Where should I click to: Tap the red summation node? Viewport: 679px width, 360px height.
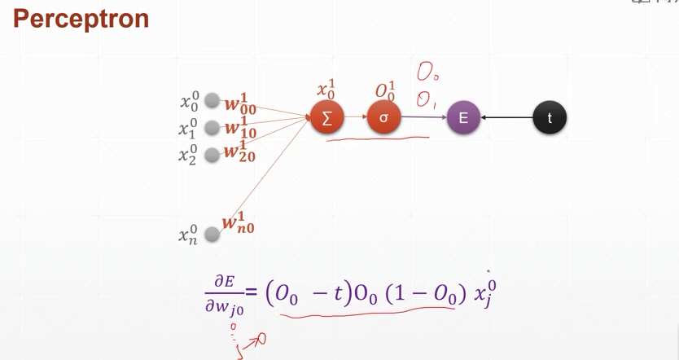(x=327, y=118)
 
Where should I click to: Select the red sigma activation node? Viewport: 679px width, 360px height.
(x=383, y=118)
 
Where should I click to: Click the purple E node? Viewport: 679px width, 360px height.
(x=463, y=118)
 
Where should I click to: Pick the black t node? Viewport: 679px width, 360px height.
(x=550, y=118)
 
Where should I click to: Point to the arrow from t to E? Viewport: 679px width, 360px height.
(x=506, y=118)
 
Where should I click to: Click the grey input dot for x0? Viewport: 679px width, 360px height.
(x=212, y=101)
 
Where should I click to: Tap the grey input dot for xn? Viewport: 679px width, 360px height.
(x=212, y=235)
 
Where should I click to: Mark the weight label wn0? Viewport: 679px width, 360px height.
(x=238, y=224)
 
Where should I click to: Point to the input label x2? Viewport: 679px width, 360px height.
(x=188, y=155)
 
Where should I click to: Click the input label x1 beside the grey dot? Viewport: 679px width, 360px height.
(x=188, y=128)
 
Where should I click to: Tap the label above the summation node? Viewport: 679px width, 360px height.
(x=326, y=89)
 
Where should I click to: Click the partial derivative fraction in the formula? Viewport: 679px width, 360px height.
(x=224, y=295)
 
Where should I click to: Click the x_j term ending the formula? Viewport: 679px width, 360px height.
(x=485, y=292)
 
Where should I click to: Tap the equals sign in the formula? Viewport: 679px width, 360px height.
(x=252, y=292)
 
